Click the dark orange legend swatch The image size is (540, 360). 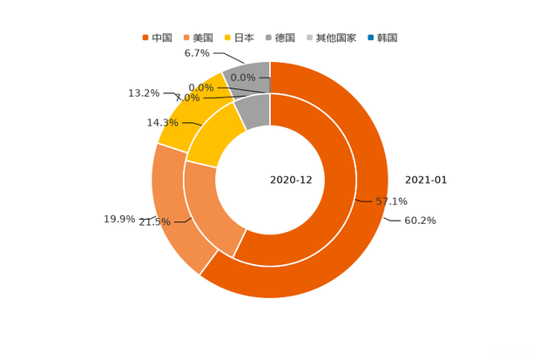click(x=145, y=38)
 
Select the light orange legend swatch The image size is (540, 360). click(x=186, y=38)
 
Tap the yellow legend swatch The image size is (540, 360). click(x=229, y=38)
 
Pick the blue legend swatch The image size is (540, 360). click(x=370, y=38)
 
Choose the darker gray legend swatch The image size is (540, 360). click(x=270, y=38)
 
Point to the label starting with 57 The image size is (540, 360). click(x=391, y=201)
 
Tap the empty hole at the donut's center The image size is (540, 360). click(x=270, y=180)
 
